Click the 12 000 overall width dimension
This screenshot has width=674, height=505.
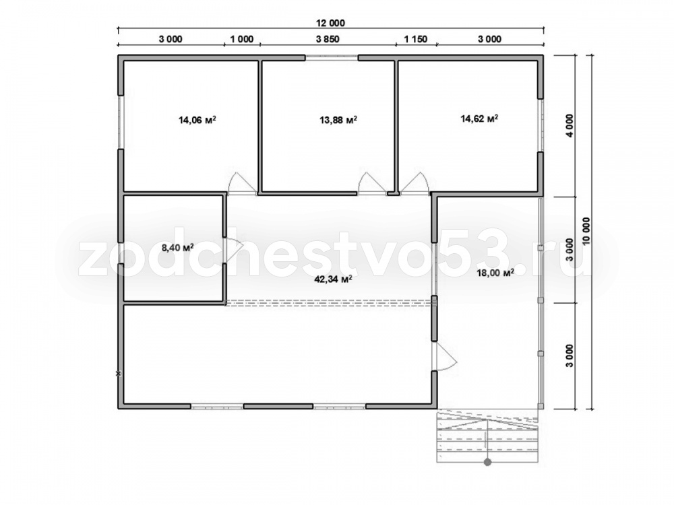tap(330, 23)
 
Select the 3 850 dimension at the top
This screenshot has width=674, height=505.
tap(328, 39)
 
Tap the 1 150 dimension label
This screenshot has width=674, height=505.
tap(416, 39)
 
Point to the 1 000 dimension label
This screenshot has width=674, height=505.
tap(241, 39)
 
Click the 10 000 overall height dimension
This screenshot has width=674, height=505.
tap(587, 232)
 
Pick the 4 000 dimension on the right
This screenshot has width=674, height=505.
tap(570, 125)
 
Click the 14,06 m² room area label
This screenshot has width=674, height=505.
tap(197, 120)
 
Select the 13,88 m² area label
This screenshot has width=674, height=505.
tap(338, 120)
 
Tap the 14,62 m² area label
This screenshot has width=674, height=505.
tap(479, 118)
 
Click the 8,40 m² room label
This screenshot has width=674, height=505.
tap(177, 247)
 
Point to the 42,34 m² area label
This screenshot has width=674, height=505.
tap(334, 279)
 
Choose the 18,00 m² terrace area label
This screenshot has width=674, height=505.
tap(495, 273)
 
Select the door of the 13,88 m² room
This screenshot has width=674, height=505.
tap(372, 184)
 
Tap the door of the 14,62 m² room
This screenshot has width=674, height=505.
tap(414, 184)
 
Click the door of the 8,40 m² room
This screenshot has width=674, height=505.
tap(234, 250)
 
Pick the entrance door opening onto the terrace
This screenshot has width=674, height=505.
tap(445, 356)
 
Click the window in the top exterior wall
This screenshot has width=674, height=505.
tap(332, 57)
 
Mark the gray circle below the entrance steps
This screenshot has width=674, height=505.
tap(487, 463)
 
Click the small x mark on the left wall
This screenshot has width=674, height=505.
tap(119, 374)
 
